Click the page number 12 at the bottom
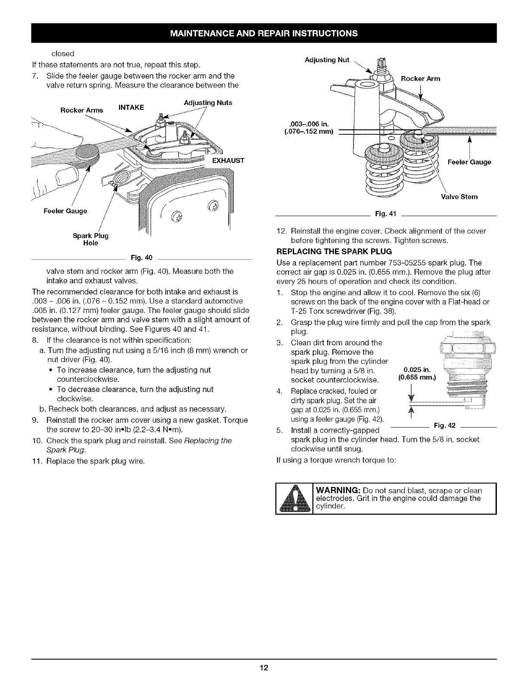pos(263,668)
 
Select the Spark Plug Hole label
pos(90,239)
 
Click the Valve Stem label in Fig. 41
pos(459,197)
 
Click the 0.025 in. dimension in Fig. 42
pos(415,369)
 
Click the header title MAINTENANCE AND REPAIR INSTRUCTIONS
pos(263,33)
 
